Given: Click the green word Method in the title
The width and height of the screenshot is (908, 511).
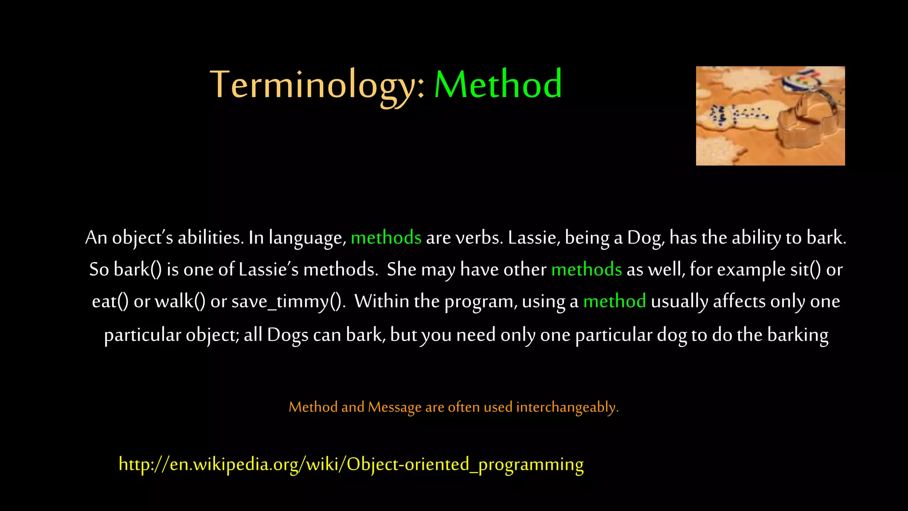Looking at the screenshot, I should (x=498, y=84).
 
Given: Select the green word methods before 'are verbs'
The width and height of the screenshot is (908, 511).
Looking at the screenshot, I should (x=386, y=238).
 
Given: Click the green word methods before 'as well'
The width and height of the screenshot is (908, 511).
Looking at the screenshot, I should (x=586, y=270).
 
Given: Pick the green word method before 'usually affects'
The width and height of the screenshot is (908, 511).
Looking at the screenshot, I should (x=614, y=302).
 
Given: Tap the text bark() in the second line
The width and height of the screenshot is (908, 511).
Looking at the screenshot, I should (x=137, y=270).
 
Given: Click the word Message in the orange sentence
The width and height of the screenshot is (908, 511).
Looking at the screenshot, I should (x=394, y=407).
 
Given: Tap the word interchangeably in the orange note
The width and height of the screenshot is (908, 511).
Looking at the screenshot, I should (x=567, y=407).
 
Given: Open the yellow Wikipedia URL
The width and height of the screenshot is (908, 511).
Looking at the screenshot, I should (x=351, y=464).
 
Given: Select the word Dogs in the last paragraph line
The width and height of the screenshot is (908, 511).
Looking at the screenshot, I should (x=287, y=335).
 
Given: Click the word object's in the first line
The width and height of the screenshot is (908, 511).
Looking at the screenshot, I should (x=142, y=238).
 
